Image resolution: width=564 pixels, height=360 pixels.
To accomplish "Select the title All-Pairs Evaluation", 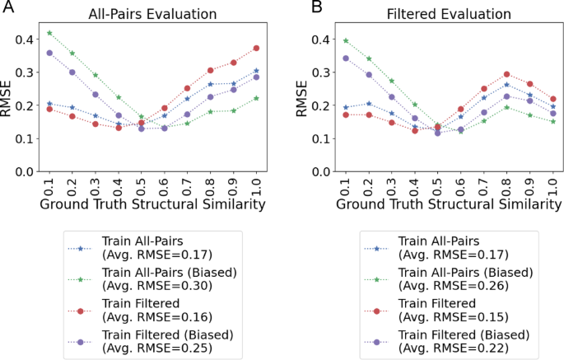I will point(152,14).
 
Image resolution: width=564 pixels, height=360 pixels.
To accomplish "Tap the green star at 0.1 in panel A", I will point(49,33).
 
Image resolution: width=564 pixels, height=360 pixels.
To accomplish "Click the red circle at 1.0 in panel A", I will point(256,48).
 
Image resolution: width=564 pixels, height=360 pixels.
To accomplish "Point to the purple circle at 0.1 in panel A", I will point(49,53).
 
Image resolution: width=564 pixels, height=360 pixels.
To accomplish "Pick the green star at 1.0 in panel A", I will point(256,97).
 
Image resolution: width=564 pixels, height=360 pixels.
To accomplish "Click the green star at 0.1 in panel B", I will point(345,40).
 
